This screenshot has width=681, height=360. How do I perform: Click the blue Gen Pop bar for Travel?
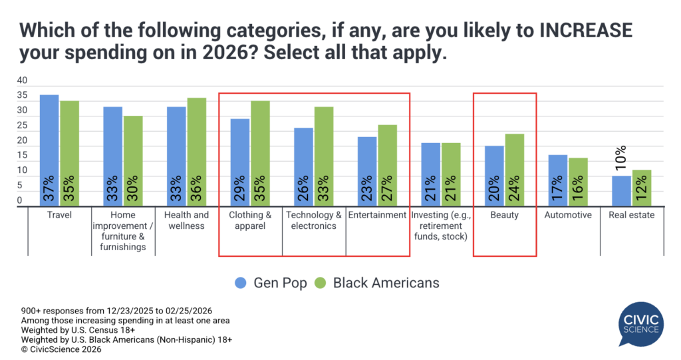click(x=49, y=150)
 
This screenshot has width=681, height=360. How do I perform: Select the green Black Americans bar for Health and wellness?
click(x=196, y=152)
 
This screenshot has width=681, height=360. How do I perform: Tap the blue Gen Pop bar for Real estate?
click(x=621, y=190)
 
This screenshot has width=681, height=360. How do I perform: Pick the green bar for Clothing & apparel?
click(x=260, y=154)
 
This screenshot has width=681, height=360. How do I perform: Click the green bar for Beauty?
click(x=514, y=170)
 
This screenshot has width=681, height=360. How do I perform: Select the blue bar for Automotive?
click(x=557, y=180)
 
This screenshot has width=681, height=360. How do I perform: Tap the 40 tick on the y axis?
click(x=22, y=81)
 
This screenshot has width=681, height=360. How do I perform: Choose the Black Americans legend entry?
click(x=377, y=283)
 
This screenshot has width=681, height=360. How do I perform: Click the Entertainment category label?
click(x=377, y=216)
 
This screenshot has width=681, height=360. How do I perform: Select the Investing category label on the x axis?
click(x=440, y=226)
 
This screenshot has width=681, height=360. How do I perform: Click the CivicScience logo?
click(x=641, y=323)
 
